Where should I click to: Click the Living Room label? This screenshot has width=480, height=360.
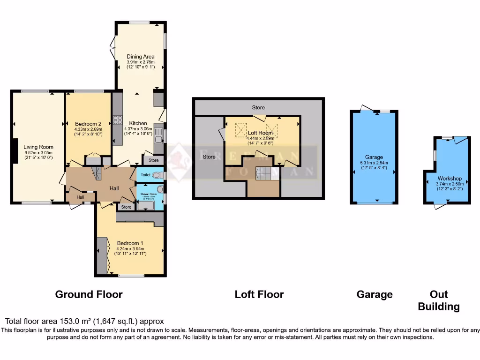(38, 147)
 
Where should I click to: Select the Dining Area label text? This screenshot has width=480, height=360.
(140, 57)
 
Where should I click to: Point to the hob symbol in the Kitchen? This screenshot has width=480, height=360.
(118, 120)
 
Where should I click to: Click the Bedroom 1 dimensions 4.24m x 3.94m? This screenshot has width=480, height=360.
(132, 248)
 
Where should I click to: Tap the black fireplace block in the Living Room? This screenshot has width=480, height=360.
(15, 152)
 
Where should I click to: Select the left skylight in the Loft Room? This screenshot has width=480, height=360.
(241, 127)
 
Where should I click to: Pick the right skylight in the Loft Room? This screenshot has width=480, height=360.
(272, 127)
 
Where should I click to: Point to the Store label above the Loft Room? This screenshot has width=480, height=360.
(258, 107)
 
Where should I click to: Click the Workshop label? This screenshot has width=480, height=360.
(450, 179)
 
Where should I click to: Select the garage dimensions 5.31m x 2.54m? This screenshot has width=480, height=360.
(374, 163)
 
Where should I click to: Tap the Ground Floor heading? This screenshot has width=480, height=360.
(89, 294)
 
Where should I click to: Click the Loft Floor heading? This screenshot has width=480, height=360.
(259, 294)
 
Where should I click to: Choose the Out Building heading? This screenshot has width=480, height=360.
(439, 300)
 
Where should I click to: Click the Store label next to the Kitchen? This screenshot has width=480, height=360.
(153, 160)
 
